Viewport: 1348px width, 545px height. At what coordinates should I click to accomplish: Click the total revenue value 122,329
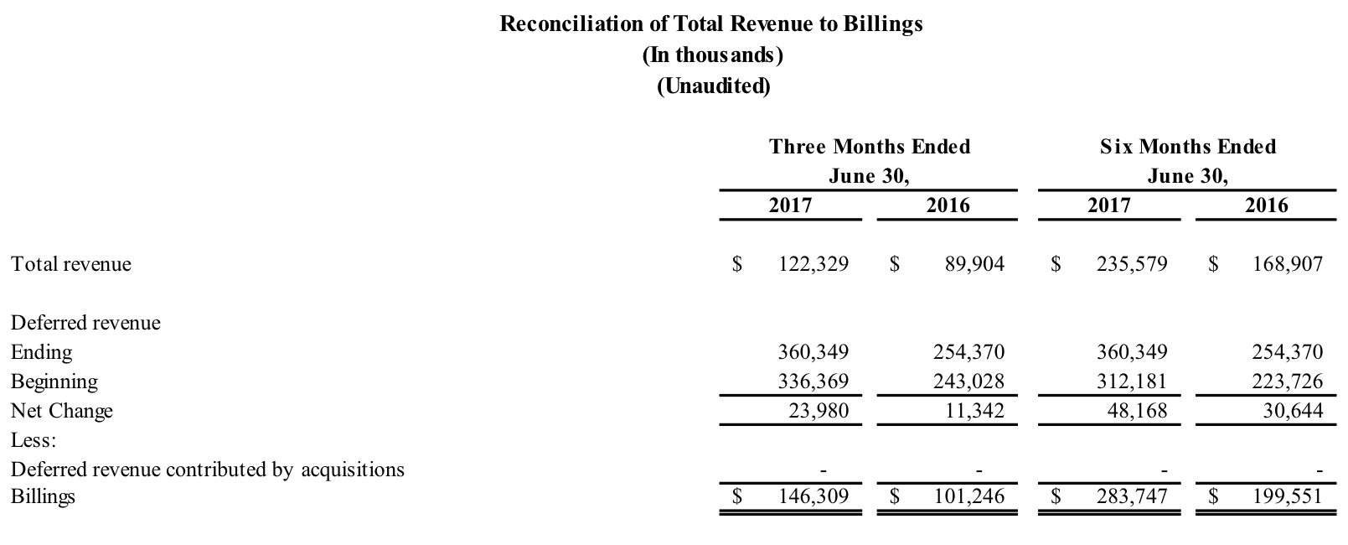click(x=813, y=264)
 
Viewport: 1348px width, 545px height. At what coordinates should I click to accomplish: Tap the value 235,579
click(x=1132, y=264)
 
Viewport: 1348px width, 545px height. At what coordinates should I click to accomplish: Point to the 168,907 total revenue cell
click(x=1288, y=264)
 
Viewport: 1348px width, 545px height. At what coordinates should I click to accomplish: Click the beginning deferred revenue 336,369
click(x=813, y=381)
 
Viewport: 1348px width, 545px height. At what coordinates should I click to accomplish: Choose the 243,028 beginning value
click(x=968, y=381)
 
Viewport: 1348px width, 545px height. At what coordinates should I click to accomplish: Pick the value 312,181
click(x=1132, y=381)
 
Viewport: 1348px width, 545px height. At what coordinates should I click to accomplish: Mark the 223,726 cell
click(x=1288, y=381)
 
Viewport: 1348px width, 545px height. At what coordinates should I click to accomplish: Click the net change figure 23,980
click(x=819, y=411)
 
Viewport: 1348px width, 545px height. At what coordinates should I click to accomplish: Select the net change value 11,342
click(x=974, y=411)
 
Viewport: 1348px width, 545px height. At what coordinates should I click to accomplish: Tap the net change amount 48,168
click(x=1137, y=411)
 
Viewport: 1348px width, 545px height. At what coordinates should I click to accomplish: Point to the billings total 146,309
click(x=813, y=496)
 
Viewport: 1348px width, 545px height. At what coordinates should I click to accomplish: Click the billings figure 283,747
click(x=1132, y=496)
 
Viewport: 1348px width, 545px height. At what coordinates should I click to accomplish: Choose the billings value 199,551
click(x=1288, y=496)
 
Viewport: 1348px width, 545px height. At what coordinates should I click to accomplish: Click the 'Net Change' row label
click(x=61, y=411)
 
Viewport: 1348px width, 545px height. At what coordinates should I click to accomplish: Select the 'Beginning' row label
click(x=54, y=381)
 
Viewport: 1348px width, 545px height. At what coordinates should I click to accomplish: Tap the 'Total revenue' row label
click(x=71, y=264)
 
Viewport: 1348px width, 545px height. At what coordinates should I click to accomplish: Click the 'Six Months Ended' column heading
click(x=1188, y=147)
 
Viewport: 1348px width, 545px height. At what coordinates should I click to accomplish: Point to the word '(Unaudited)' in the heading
click(x=713, y=86)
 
